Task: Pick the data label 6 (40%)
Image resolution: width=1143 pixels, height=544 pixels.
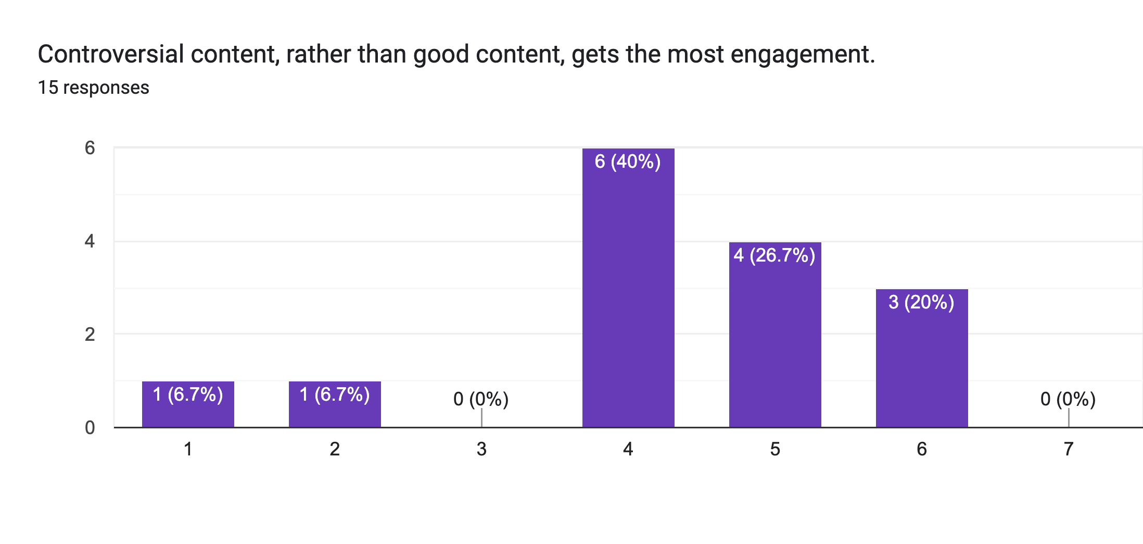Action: (x=628, y=162)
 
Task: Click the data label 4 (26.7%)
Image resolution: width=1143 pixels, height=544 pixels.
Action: (x=774, y=255)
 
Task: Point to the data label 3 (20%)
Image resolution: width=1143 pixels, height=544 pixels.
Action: (x=921, y=302)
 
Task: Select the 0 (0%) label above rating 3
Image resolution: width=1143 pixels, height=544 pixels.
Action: (x=481, y=399)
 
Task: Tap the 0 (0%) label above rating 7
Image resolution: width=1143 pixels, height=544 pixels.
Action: (x=1068, y=399)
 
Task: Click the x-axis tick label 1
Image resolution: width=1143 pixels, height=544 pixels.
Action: (x=188, y=449)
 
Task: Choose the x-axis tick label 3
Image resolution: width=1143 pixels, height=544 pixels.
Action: (x=481, y=449)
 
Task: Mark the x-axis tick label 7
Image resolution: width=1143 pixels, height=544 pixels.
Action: (x=1069, y=449)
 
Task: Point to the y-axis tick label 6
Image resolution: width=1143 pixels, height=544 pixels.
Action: (x=90, y=148)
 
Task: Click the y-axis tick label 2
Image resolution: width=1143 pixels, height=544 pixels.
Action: (x=90, y=334)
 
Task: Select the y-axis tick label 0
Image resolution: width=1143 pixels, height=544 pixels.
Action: (x=90, y=428)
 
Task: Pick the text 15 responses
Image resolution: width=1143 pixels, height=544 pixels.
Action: (x=94, y=88)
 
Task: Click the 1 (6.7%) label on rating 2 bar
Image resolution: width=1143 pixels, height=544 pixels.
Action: (x=335, y=394)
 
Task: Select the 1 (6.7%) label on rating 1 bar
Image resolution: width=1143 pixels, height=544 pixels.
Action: (x=188, y=394)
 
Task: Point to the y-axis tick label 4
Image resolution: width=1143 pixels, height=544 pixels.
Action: (x=90, y=241)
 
